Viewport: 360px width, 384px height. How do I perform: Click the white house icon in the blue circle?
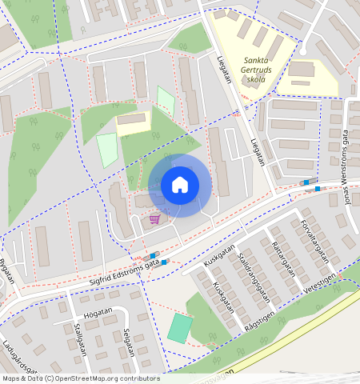(180, 185)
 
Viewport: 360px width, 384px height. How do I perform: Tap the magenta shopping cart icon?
(154, 218)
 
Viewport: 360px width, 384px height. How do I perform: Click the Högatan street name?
(98, 314)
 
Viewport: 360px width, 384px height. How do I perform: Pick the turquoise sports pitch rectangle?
(180, 327)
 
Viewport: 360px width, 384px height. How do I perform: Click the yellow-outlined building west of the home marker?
(134, 122)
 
